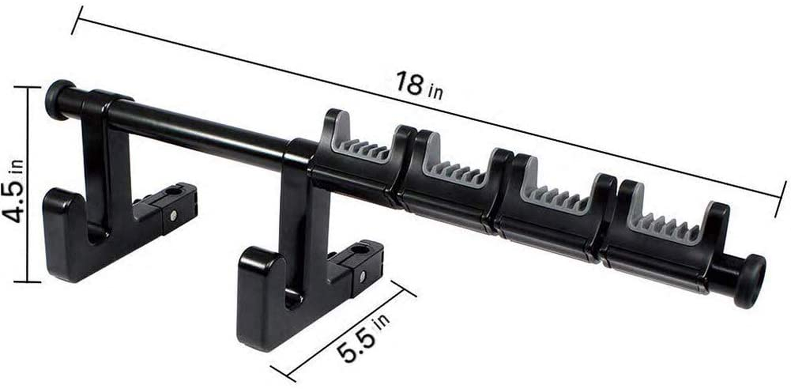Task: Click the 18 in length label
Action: [418, 86]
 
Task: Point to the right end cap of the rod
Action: [751, 281]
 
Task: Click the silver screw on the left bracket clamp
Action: [174, 214]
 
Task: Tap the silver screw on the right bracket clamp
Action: [364, 277]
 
